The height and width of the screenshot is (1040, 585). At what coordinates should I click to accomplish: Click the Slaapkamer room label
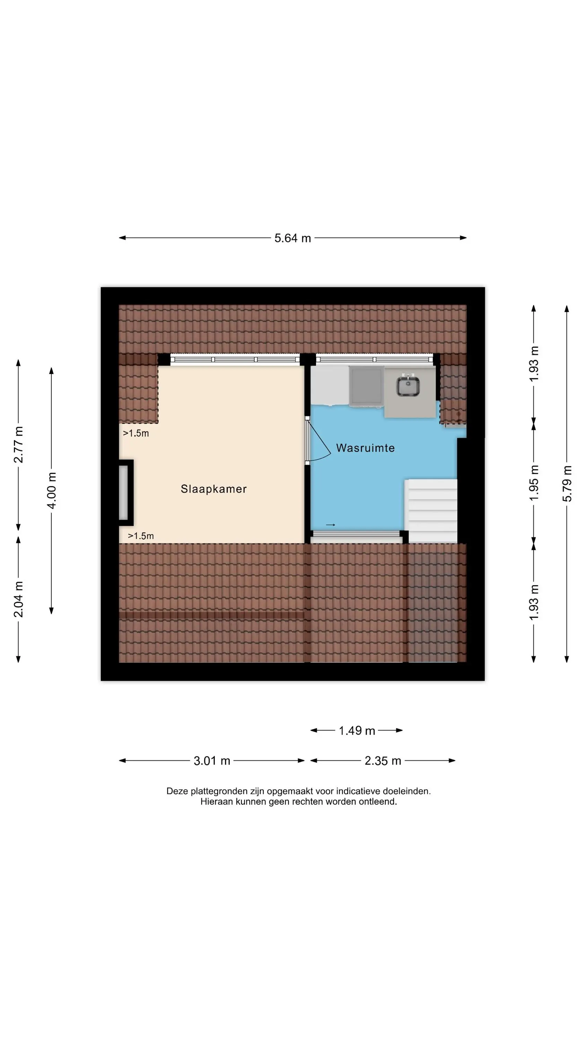pos(213,489)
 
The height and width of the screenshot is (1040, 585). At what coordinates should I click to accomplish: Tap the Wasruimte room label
pos(365,448)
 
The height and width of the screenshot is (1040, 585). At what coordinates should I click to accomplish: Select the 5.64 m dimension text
pos(293,238)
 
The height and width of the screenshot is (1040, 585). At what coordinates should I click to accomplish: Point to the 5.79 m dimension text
pos(567,484)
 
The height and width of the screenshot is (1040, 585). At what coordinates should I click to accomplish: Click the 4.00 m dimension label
pos(52,491)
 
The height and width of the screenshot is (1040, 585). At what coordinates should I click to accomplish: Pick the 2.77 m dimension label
pos(19,444)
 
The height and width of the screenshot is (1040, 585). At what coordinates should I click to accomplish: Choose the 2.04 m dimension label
pos(19,599)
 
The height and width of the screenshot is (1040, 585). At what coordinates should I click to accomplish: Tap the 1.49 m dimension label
pos(357,730)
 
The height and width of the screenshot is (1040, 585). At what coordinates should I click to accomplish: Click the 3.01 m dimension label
pos(212,761)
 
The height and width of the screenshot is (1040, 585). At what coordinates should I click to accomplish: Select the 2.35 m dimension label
pos(383,761)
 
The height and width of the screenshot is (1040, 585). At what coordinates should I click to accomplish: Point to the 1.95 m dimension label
pos(534,483)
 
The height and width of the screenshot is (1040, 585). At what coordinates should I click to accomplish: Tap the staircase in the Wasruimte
pos(431,511)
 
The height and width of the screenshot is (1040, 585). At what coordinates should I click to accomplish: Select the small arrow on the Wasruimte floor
pos(330,525)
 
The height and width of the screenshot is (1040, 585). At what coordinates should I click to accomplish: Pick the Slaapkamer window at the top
pos(235,359)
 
